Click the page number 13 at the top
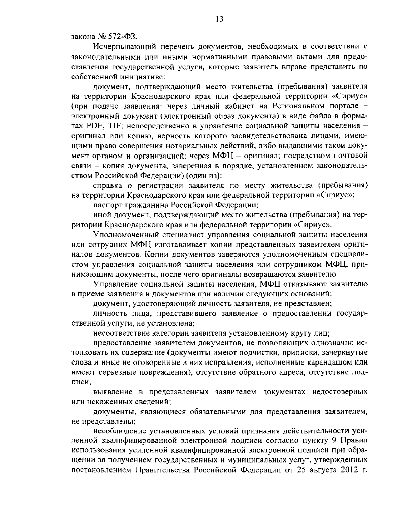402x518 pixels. tap(220, 19)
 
